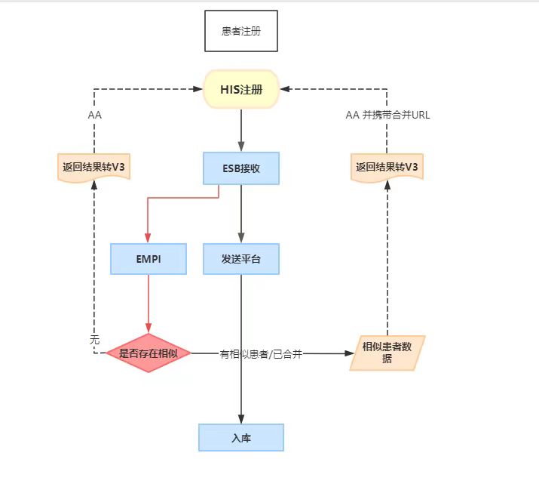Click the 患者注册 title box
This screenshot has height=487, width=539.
(x=241, y=31)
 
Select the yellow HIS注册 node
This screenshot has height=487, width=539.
(x=241, y=89)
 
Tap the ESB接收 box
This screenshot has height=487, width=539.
(x=241, y=168)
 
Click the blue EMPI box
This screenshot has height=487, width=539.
(x=149, y=259)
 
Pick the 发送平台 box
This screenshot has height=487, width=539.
(x=241, y=259)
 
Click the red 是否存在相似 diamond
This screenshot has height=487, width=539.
(x=149, y=353)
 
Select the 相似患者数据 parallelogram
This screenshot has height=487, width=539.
(x=387, y=353)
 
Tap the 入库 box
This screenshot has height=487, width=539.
(x=241, y=437)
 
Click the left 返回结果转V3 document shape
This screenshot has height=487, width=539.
(x=94, y=167)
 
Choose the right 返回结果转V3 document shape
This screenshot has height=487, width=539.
(x=387, y=167)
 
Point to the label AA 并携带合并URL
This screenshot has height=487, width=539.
(x=387, y=116)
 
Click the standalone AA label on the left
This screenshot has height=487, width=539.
(x=95, y=116)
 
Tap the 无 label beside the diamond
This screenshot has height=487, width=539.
(x=94, y=341)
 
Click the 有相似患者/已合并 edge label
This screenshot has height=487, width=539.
(x=261, y=353)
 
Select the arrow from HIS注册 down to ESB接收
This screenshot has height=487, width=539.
(x=241, y=130)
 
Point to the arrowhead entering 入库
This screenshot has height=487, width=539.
(x=241, y=419)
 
